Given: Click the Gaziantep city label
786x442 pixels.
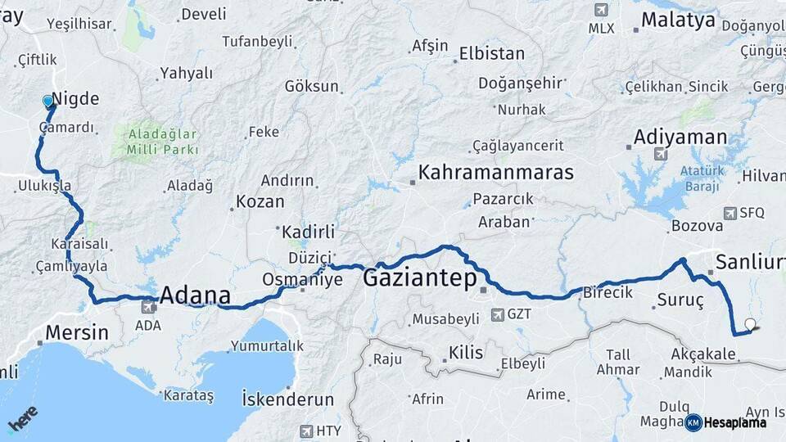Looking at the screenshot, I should [419, 279].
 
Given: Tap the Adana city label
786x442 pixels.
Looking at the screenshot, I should [195, 295].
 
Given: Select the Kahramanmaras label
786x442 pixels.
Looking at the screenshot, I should [495, 173].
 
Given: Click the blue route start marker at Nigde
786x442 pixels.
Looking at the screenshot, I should [48, 101].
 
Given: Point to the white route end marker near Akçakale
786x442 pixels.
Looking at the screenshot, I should [750, 324].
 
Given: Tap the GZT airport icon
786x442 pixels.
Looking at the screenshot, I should [497, 313].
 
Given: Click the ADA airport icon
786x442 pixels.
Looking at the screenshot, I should [148, 308].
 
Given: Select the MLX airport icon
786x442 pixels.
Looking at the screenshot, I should [602, 10].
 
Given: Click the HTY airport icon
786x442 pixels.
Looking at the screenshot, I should [306, 431].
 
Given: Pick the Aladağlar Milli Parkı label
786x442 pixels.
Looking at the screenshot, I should [162, 141].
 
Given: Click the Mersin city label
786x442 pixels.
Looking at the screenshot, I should [76, 332].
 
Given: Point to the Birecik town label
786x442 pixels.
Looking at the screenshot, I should [608, 292].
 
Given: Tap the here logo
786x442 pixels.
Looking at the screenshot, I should [22, 420].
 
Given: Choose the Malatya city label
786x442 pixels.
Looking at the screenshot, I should [678, 20].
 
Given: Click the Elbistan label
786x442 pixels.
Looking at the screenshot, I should [491, 53].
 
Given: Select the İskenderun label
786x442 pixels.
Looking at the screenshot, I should [287, 399].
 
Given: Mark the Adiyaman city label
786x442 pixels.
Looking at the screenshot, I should [680, 136].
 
